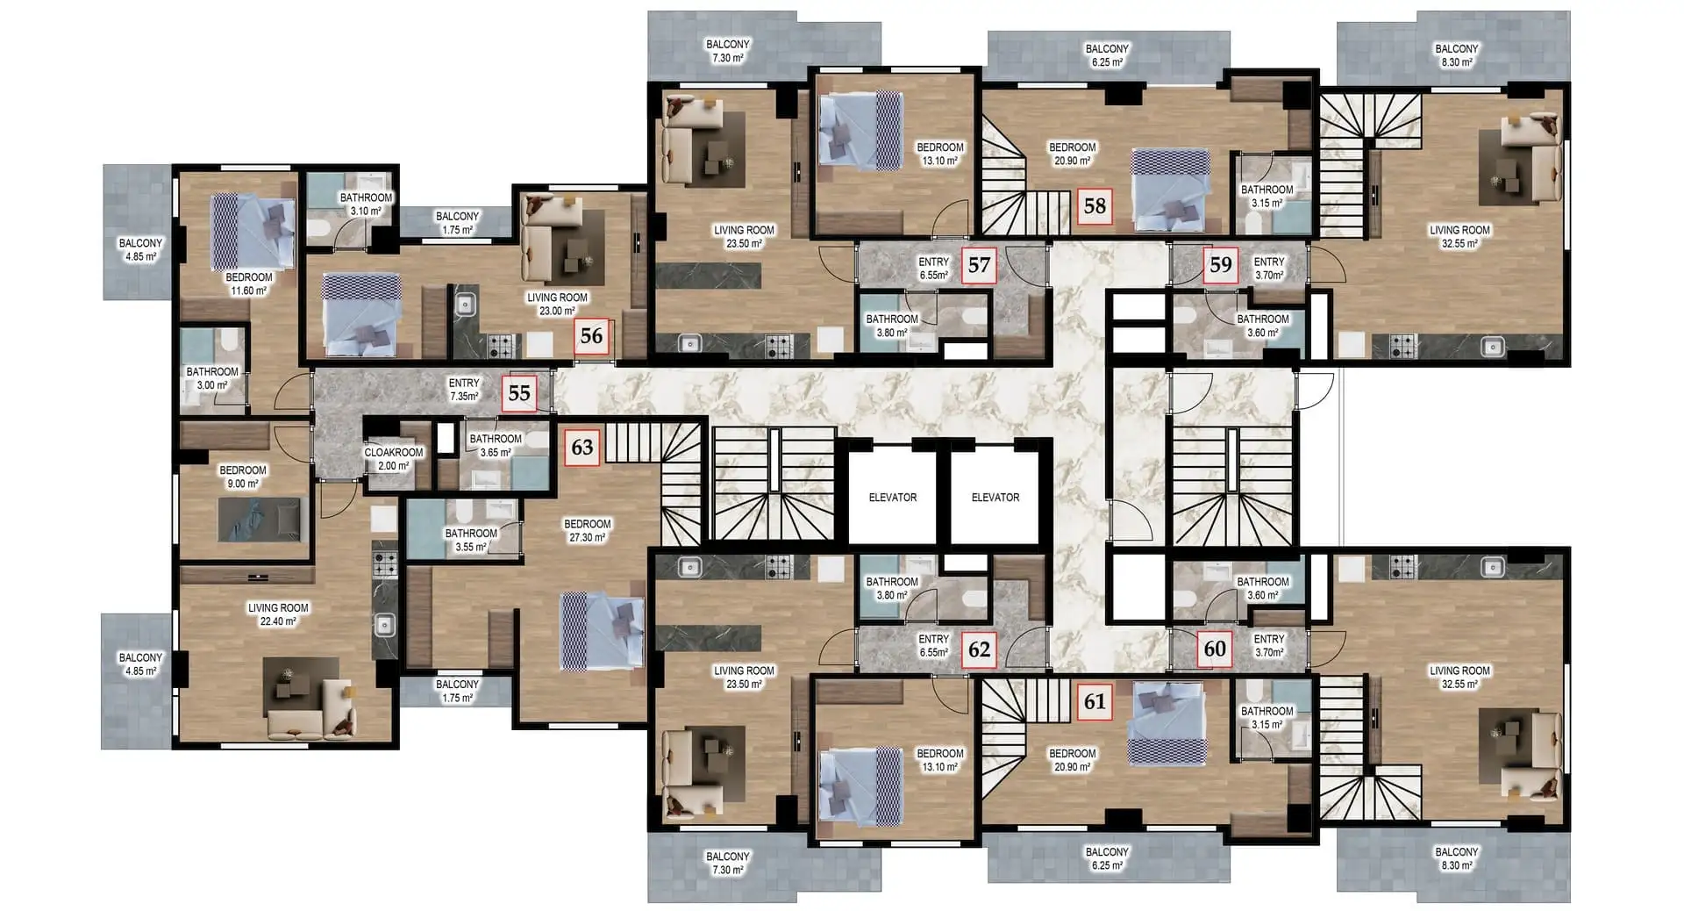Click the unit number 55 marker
(519, 392)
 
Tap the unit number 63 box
(582, 448)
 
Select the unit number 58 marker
(1095, 206)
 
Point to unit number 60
(1215, 649)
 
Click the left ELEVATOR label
(893, 498)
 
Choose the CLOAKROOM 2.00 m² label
(394, 459)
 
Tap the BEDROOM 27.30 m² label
(588, 531)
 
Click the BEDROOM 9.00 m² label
(243, 477)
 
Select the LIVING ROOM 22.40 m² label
(278, 614)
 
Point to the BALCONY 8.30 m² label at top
(1457, 55)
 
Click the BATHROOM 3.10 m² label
(366, 204)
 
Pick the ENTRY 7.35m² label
(464, 390)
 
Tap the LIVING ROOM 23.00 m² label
(557, 305)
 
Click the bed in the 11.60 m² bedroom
(253, 232)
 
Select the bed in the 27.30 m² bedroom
(603, 632)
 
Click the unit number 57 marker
(979, 265)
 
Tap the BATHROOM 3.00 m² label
(212, 378)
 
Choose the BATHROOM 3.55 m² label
(471, 540)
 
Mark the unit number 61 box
(1095, 702)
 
